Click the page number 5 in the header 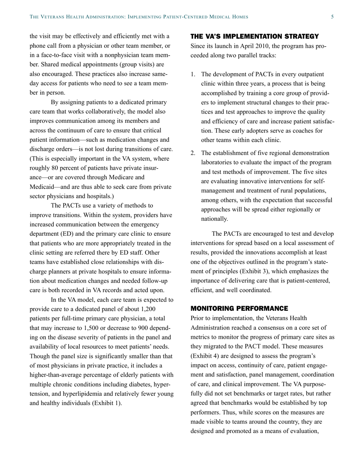[x=332, y=17]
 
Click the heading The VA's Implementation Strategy [x=254, y=37]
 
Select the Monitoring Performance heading [x=239, y=308]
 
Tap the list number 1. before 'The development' [x=193, y=74]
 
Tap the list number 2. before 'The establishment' [x=193, y=153]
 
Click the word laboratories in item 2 [x=217, y=163]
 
